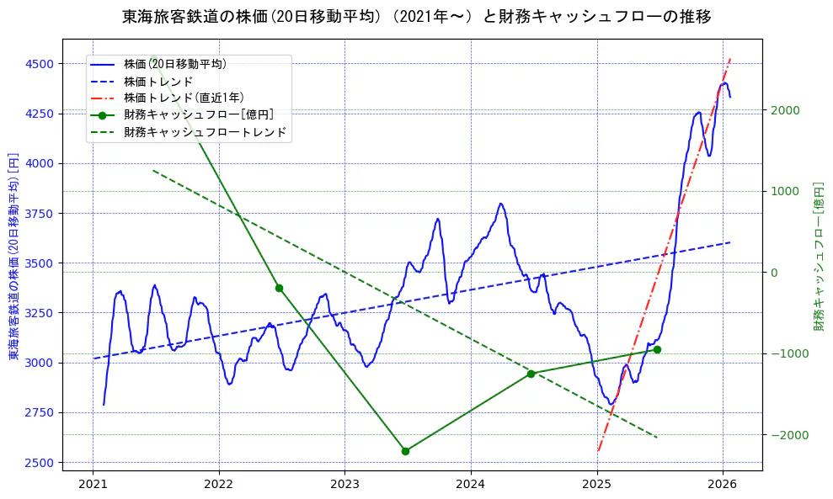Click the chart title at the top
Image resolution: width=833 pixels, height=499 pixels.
click(x=416, y=17)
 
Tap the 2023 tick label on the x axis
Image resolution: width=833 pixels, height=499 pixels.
click(x=344, y=484)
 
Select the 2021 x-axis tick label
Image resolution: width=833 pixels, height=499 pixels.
click(x=93, y=484)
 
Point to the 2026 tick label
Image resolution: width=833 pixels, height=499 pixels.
click(x=723, y=484)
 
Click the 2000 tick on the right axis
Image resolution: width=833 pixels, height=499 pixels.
click(x=784, y=110)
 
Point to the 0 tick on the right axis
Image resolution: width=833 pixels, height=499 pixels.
click(x=773, y=273)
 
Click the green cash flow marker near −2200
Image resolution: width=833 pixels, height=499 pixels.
click(x=405, y=451)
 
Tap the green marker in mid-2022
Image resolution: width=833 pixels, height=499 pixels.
click(x=279, y=288)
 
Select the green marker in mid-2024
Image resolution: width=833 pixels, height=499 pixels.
click(x=531, y=374)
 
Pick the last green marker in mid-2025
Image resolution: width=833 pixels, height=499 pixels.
click(x=657, y=349)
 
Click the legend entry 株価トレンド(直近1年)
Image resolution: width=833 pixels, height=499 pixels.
click(x=183, y=98)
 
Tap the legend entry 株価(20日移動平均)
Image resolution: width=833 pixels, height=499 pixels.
click(x=174, y=63)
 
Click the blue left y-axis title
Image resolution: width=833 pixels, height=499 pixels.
click(x=13, y=257)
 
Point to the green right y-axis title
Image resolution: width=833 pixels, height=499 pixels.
click(x=818, y=257)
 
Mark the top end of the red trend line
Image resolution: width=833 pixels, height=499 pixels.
click(x=730, y=58)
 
